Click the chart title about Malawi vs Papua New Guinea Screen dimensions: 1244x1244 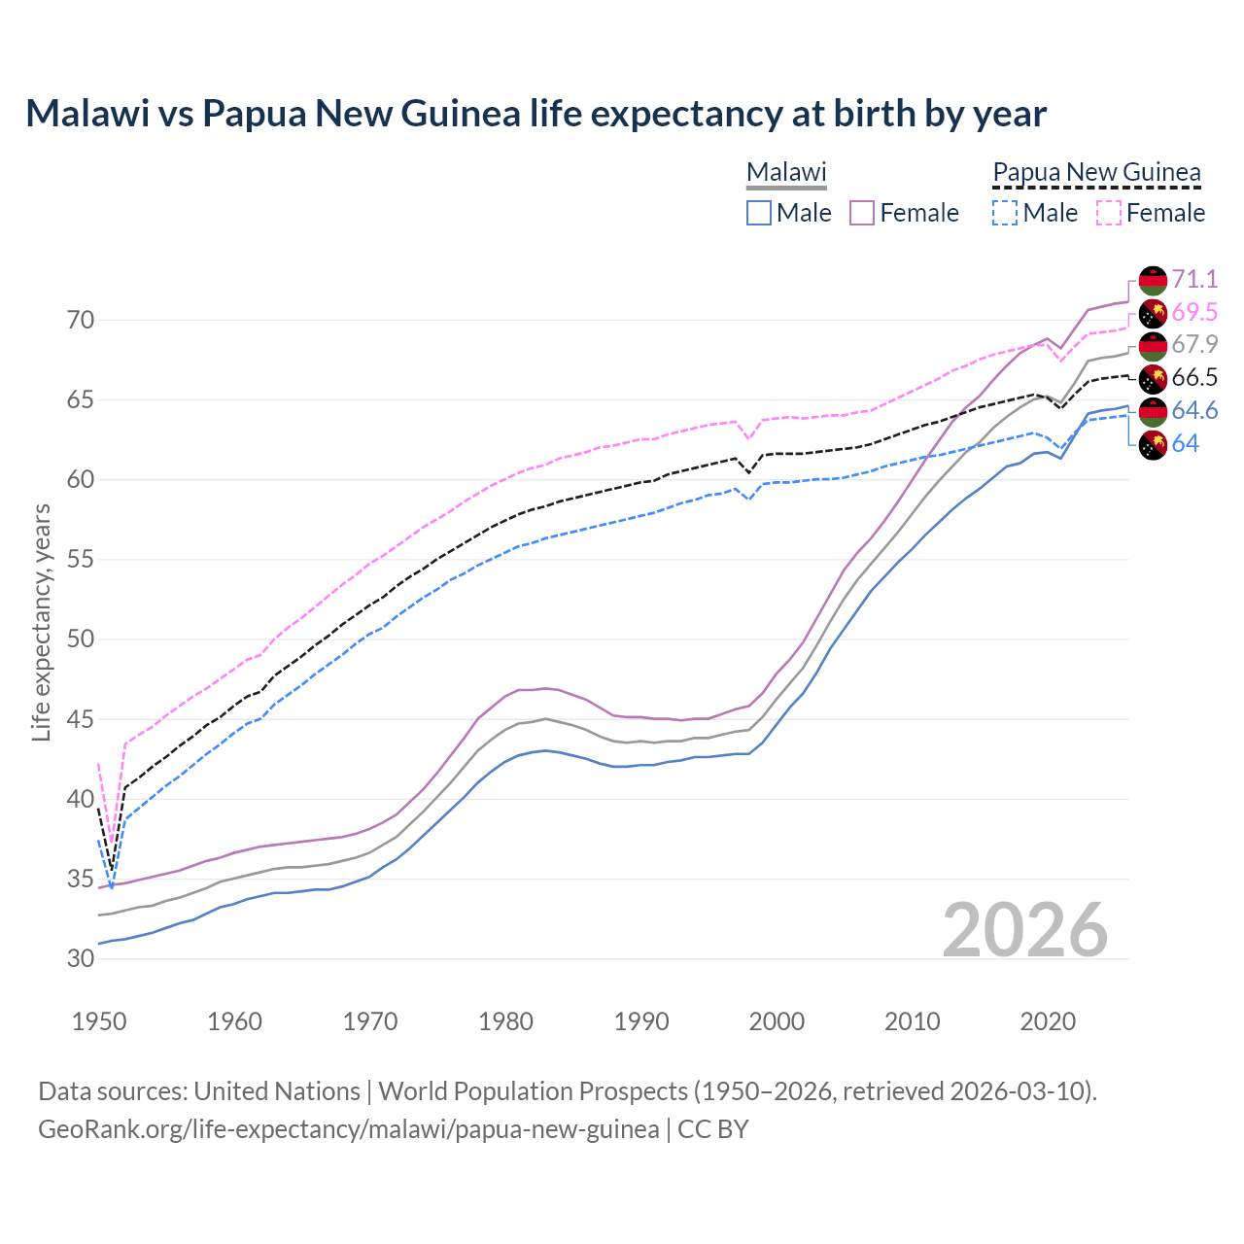tap(536, 114)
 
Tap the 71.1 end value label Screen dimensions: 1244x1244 tap(1194, 280)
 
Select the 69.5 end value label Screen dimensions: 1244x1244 tap(1194, 312)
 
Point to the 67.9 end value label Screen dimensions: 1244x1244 tap(1194, 344)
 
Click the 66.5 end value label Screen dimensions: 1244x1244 tap(1194, 378)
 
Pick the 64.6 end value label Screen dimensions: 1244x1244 tap(1194, 411)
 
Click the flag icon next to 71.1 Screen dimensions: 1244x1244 tap(1153, 280)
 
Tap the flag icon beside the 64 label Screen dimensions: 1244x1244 tap(1153, 445)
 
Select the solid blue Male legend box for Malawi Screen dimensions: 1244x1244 tap(759, 213)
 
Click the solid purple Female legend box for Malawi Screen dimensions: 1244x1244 tap(862, 213)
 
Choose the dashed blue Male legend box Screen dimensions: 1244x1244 tap(1005, 213)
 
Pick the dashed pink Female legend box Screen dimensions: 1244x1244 tap(1108, 213)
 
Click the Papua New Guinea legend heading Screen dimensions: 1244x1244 tap(1096, 173)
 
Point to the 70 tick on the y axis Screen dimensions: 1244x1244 tap(81, 320)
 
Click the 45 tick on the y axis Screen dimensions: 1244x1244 tap(81, 719)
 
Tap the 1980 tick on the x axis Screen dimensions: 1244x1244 tap(505, 1021)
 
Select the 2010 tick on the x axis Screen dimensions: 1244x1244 tap(912, 1021)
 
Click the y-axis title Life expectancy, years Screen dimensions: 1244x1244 tap(42, 622)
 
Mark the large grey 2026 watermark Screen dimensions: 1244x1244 tap(1025, 930)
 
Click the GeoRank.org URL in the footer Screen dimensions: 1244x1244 tap(348, 1129)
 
